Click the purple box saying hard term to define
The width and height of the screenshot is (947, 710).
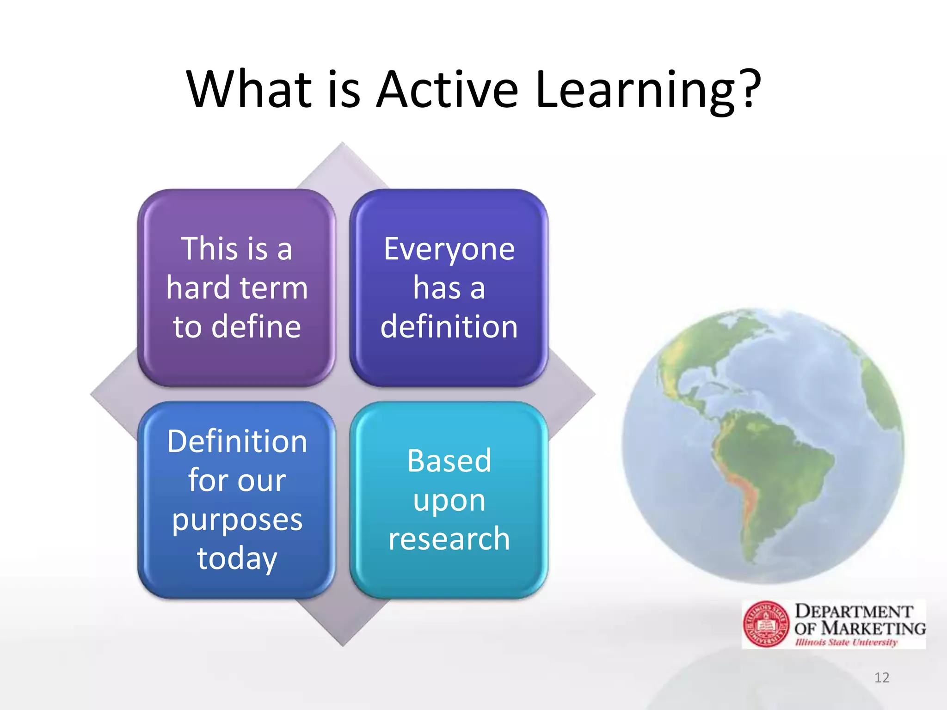[237, 288]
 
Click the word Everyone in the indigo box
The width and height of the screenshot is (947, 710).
[449, 249]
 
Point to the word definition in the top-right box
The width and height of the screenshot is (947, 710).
[449, 327]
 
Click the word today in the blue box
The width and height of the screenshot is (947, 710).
[237, 559]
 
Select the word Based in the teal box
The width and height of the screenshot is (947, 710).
[449, 461]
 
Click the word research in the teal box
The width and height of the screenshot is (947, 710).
[449, 539]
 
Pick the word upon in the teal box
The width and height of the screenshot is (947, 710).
[449, 501]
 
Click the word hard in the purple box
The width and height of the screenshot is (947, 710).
[198, 288]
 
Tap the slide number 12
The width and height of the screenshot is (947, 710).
[882, 678]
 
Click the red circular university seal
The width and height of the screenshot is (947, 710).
[766, 624]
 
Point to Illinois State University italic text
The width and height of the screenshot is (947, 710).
[846, 642]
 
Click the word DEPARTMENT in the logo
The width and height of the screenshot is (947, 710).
[854, 611]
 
